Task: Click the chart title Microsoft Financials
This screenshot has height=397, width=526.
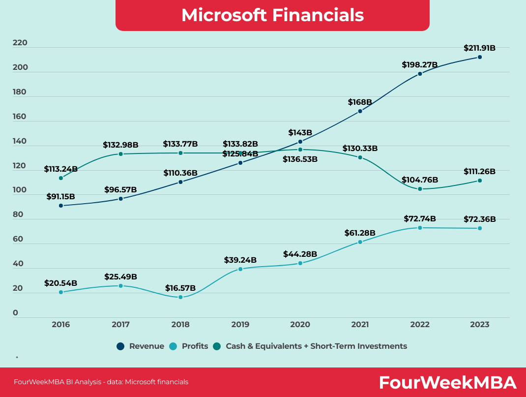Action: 272,15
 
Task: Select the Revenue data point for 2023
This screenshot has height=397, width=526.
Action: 480,57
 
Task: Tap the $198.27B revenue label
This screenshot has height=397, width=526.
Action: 419,64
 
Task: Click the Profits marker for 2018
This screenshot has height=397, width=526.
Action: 180,297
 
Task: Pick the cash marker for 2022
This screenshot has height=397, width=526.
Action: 420,189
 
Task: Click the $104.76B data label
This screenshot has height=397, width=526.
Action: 420,180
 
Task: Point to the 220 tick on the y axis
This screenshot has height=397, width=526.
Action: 20,43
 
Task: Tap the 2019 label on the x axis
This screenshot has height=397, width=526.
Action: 240,325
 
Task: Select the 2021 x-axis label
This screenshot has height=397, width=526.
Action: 360,325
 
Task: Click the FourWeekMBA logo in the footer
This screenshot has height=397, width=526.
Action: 447,382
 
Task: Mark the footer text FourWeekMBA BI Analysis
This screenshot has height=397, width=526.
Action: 101,382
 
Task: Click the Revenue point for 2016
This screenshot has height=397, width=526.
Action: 61,206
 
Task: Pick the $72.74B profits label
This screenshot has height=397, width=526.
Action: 420,218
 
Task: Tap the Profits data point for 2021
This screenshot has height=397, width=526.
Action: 360,242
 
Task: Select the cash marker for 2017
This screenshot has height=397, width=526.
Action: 120,154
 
